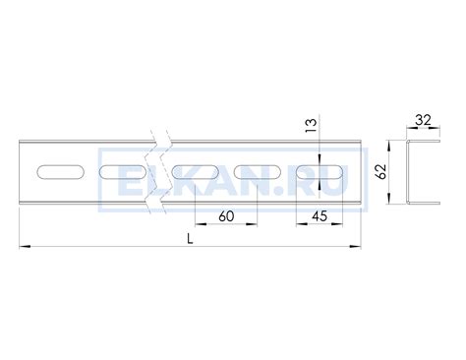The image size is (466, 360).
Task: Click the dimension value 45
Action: tap(320, 216)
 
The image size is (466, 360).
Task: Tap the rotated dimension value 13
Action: tap(312, 125)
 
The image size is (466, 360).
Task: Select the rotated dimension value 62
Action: tap(381, 171)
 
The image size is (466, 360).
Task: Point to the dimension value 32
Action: tap(423, 120)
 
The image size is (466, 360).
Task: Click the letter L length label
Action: tap(190, 239)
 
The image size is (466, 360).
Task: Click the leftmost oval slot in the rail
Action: tap(61, 172)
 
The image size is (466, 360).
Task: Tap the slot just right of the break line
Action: tap(196, 172)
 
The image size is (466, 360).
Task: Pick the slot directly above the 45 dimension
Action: tap(320, 172)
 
